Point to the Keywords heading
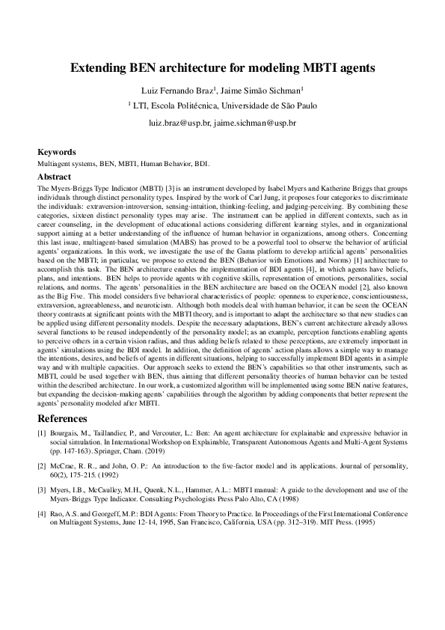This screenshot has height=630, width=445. (x=58, y=150)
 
